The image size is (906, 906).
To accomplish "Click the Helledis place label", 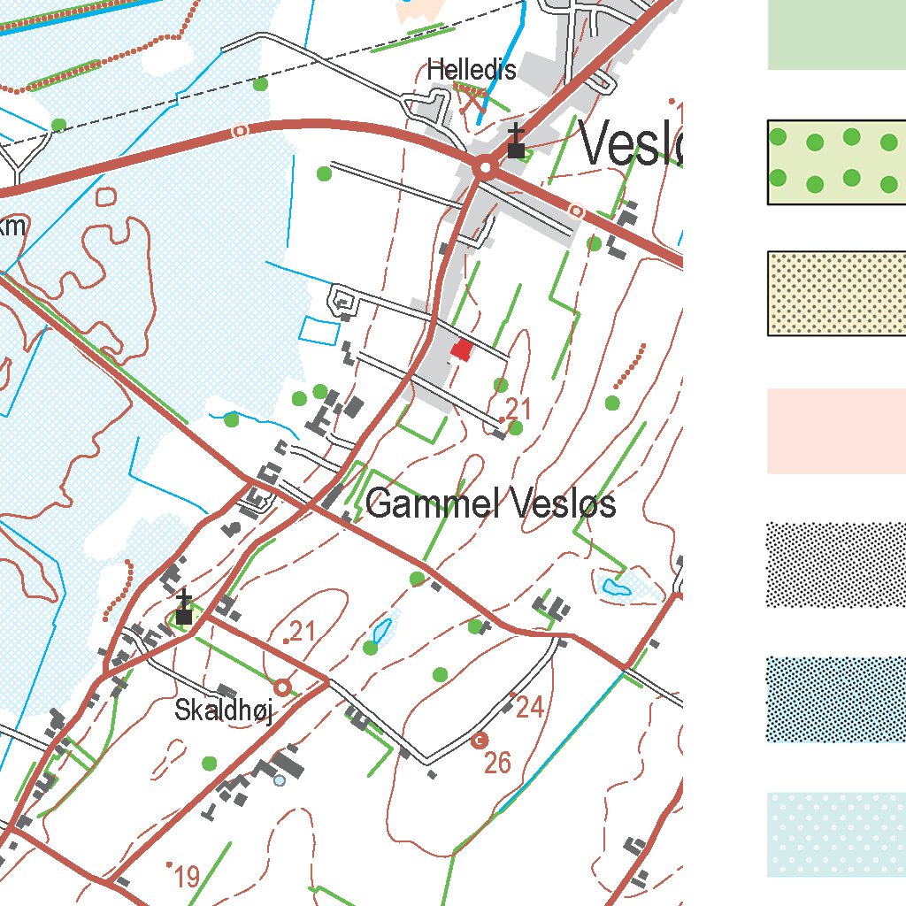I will (x=471, y=70).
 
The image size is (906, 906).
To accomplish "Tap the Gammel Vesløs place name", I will (x=490, y=505).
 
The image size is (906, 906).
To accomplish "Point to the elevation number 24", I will (x=529, y=708).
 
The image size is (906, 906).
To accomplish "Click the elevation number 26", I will (x=498, y=763).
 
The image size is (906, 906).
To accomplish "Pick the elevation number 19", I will (x=187, y=878).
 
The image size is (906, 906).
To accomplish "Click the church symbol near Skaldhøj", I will (x=184, y=610).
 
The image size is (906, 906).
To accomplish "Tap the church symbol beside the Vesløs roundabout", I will (x=516, y=144).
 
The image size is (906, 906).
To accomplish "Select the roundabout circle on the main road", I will (x=485, y=166).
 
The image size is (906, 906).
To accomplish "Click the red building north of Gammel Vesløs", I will (x=462, y=349).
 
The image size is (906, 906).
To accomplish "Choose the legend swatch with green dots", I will (x=836, y=162).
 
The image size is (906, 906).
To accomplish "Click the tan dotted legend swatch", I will (x=836, y=294).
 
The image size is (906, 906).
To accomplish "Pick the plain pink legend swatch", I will (x=836, y=431).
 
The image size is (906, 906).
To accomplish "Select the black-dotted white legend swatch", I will (x=836, y=564).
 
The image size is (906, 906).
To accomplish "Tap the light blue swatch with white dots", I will (x=836, y=834).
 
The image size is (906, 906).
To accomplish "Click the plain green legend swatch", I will (x=836, y=35).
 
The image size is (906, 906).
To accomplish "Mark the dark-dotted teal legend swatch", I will (x=836, y=699).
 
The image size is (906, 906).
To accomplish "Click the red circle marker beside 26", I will (x=480, y=740).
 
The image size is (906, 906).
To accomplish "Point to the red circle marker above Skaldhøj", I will (x=282, y=687).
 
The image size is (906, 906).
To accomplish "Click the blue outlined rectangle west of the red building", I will (x=319, y=330).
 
